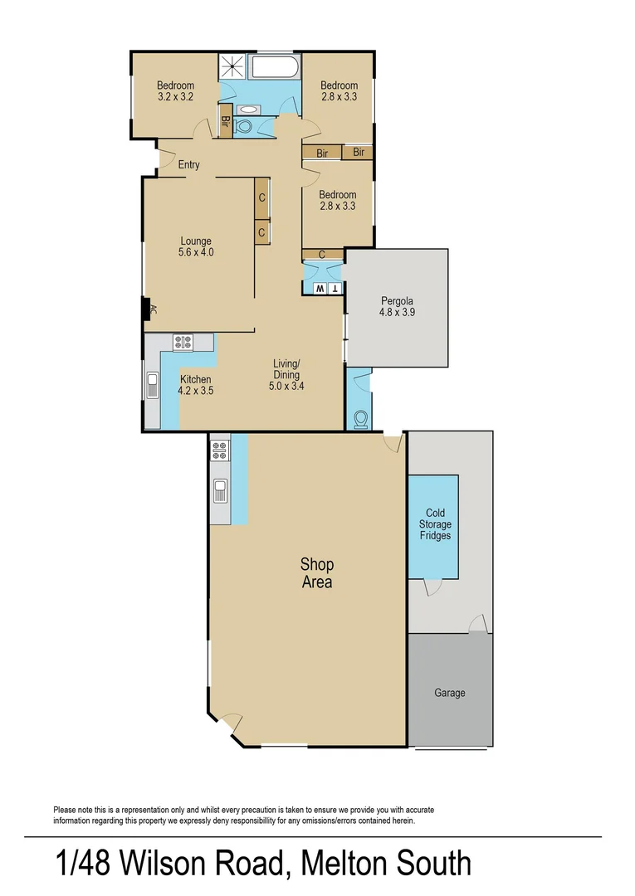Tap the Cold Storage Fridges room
click(433, 525)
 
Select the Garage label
click(449, 694)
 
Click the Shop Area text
click(316, 573)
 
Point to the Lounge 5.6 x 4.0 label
click(196, 247)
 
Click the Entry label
click(188, 165)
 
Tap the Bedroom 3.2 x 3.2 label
click(175, 91)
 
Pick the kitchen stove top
click(182, 341)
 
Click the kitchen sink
click(153, 387)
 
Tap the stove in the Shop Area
click(220, 450)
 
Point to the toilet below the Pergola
click(361, 419)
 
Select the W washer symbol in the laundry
click(319, 289)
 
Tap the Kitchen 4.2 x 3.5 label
click(196, 385)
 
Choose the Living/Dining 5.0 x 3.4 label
click(286, 374)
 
